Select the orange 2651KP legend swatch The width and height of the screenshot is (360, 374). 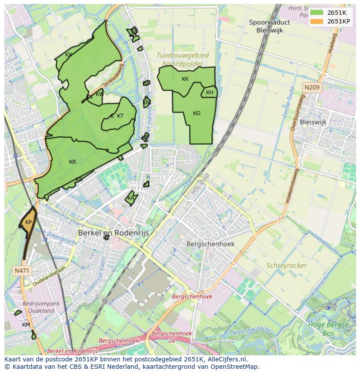point(317,21)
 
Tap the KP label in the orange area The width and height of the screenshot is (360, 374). point(28,222)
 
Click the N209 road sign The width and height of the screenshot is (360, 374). point(312,88)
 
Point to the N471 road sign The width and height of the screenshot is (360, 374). point(22,270)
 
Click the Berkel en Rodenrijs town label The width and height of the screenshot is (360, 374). point(113,233)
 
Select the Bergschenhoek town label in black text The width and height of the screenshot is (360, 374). point(210,244)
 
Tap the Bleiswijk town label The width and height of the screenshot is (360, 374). point(313,122)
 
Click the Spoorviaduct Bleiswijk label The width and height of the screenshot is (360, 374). point(270,26)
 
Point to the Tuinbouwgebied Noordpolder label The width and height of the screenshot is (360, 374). point(183,60)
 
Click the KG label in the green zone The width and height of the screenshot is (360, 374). point(197,113)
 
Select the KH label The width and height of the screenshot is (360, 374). point(210,93)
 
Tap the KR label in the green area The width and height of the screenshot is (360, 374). point(73,162)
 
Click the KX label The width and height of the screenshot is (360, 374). point(68,55)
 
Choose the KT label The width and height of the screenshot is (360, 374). point(120,116)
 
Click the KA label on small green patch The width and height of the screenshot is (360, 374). point(131,199)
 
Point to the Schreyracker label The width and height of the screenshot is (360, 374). point(287,265)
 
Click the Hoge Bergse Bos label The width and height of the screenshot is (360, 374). point(328,329)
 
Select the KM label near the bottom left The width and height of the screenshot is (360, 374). point(26,325)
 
